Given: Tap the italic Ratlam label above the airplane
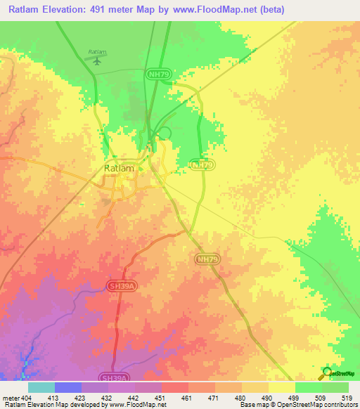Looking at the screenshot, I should click(97, 52).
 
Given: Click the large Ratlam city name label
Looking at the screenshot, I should click(119, 169).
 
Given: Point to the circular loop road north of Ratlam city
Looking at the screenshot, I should click(165, 133).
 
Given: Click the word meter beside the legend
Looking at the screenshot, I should click(10, 397).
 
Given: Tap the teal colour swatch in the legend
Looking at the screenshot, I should click(41, 387).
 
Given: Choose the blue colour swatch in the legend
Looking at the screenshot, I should click(67, 387).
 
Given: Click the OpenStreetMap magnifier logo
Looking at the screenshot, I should click(326, 374).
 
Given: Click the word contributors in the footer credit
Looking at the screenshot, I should click(337, 405).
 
